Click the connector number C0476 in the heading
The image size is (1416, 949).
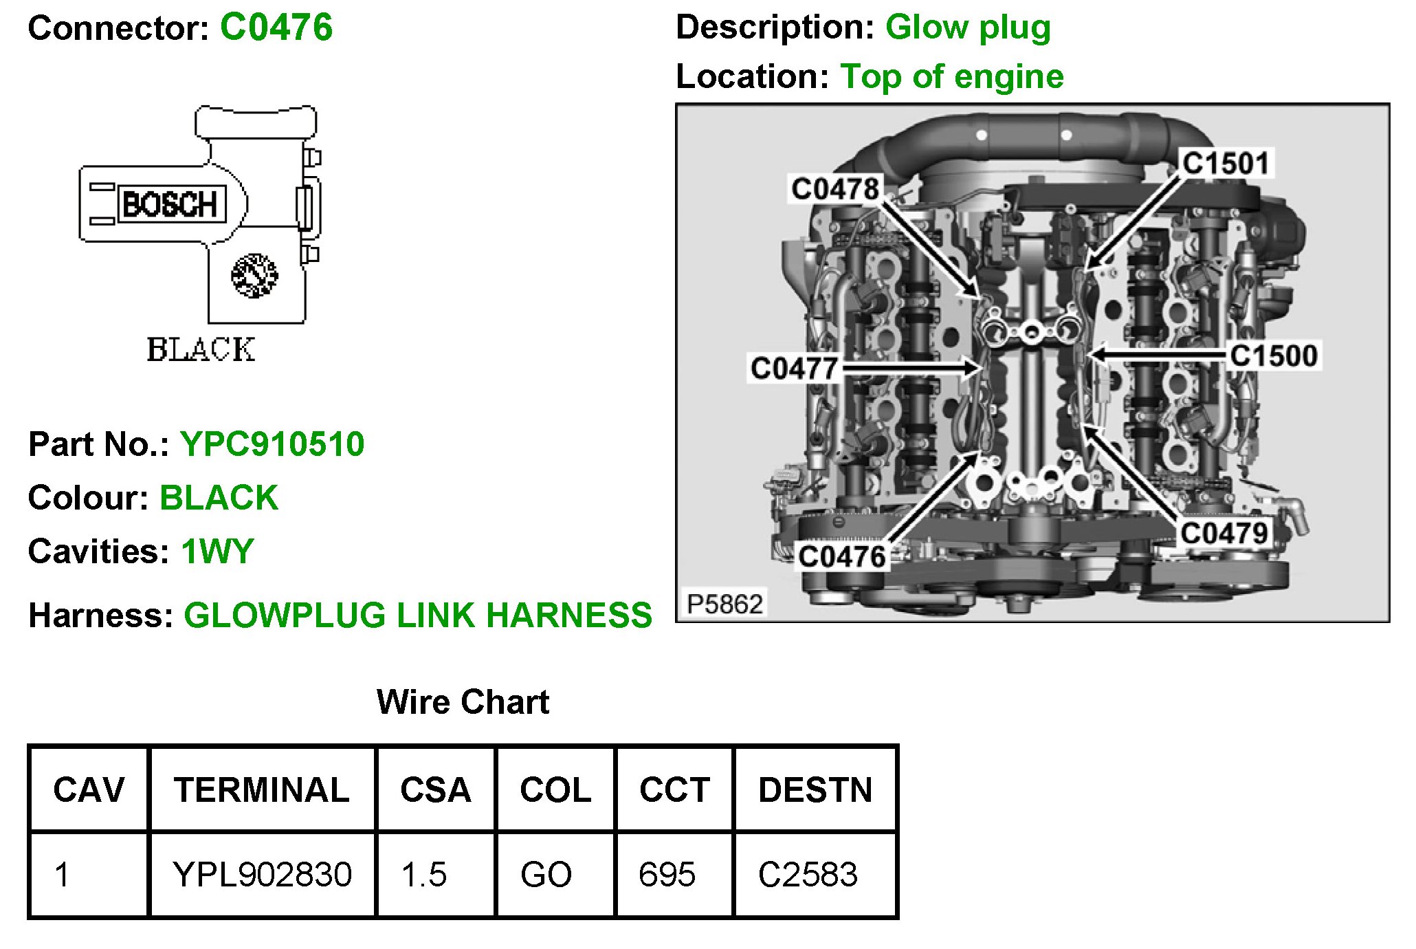click(276, 28)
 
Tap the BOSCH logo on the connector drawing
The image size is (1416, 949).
click(170, 204)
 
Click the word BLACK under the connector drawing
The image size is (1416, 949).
click(201, 350)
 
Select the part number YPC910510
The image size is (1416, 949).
click(272, 444)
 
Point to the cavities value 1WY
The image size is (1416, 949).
click(217, 552)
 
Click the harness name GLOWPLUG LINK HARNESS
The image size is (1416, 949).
click(417, 615)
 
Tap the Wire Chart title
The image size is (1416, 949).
click(463, 702)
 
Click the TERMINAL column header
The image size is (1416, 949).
click(261, 789)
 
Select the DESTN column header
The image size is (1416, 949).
click(815, 789)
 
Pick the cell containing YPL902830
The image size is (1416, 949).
click(262, 875)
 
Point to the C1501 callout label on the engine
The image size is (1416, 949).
click(1226, 164)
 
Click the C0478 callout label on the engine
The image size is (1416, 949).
click(835, 188)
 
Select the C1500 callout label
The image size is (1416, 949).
click(1273, 356)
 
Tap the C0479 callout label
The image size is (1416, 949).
click(1224, 533)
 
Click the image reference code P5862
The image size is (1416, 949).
click(724, 604)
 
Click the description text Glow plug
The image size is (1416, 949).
click(968, 28)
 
